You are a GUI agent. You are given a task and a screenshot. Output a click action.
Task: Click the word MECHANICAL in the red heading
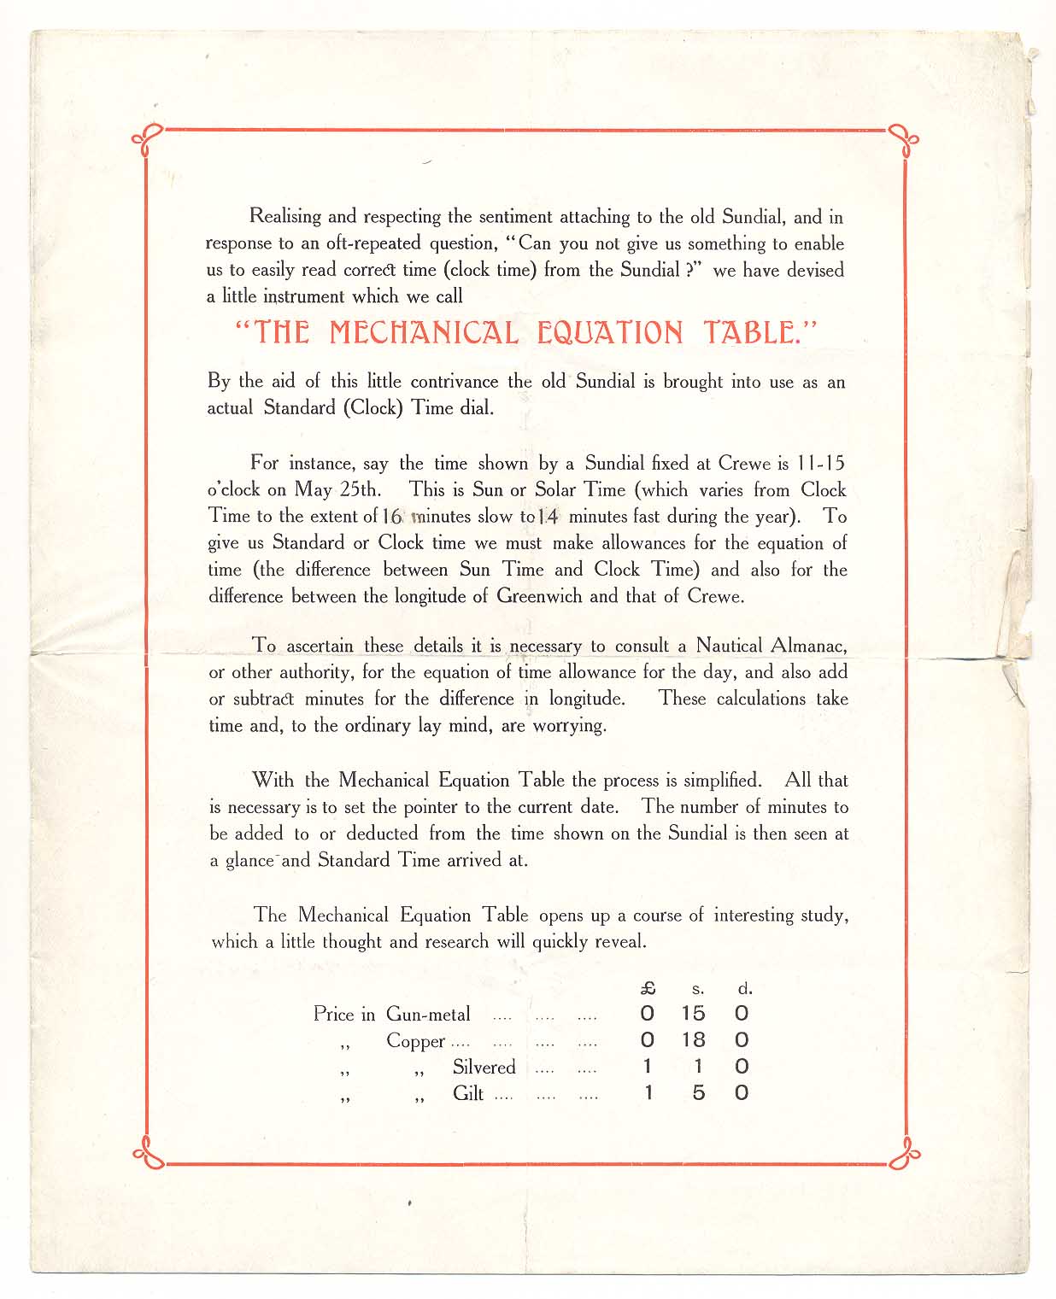pyautogui.click(x=424, y=332)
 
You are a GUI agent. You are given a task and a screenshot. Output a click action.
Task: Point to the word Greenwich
pyautogui.click(x=540, y=596)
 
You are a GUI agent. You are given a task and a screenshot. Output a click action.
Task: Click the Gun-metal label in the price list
pyautogui.click(x=428, y=1015)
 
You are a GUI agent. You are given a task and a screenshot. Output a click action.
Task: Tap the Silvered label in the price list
pyautogui.click(x=484, y=1068)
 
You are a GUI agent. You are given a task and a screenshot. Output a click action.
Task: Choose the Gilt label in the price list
pyautogui.click(x=468, y=1094)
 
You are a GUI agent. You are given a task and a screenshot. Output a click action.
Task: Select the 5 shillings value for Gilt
pyautogui.click(x=698, y=1093)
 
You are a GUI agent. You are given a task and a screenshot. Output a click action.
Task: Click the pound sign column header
pyautogui.click(x=648, y=989)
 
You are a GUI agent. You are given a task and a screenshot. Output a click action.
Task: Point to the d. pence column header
pyautogui.click(x=745, y=989)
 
